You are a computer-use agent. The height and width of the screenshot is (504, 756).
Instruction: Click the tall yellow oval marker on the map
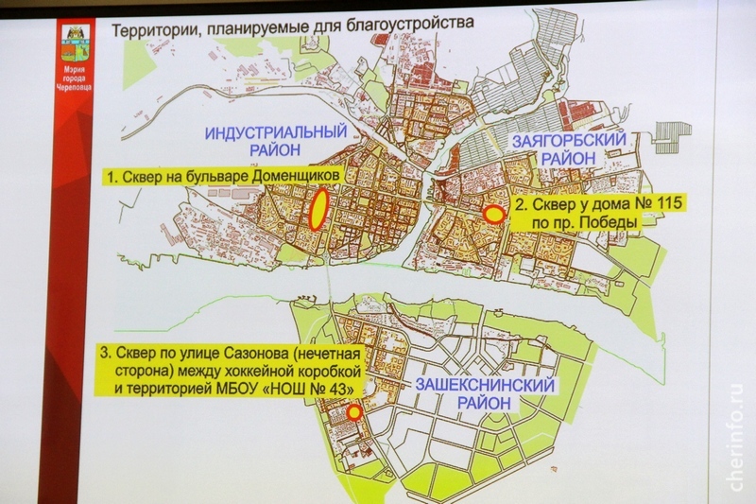tap(318, 209)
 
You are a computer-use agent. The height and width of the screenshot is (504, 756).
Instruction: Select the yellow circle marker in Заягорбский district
tap(492, 215)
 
